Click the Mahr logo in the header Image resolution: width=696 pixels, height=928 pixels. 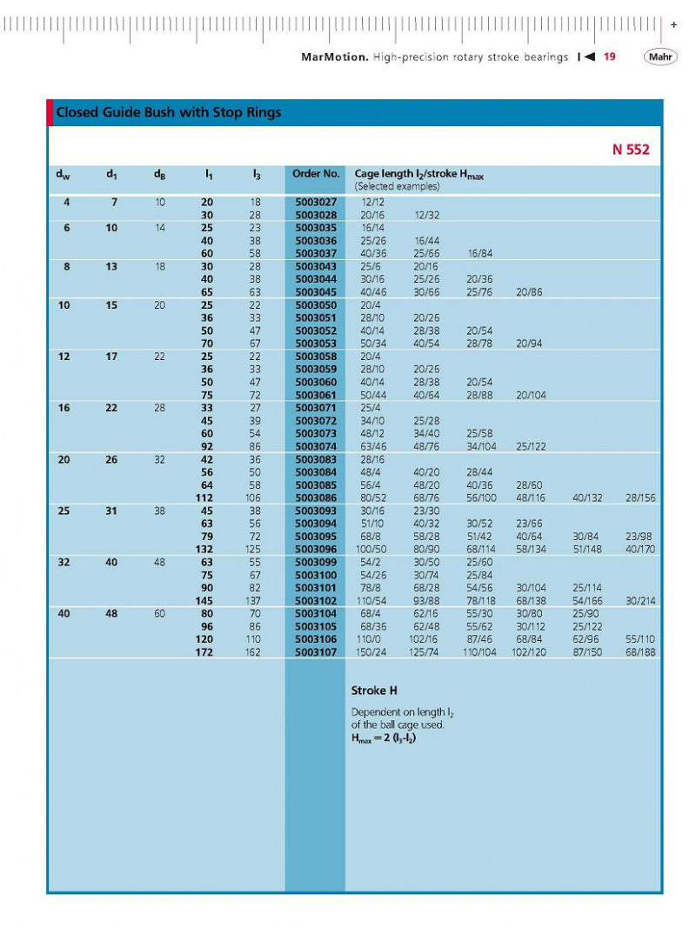(659, 57)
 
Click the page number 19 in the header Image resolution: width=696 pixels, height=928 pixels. (610, 57)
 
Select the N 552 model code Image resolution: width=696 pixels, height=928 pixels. (631, 150)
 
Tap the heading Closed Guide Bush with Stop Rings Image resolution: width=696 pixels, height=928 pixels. (168, 113)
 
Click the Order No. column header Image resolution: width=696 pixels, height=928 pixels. (315, 174)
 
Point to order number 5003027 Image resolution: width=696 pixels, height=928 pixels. (315, 203)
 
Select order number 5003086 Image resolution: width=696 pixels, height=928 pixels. (315, 497)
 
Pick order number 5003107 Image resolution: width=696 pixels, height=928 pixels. (315, 651)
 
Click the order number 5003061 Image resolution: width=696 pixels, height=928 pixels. (315, 395)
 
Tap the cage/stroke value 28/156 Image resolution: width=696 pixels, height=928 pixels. (641, 497)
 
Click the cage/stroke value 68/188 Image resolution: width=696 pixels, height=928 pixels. (641, 651)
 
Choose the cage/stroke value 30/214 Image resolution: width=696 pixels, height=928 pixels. (641, 600)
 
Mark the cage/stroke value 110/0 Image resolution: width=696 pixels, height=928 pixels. (372, 639)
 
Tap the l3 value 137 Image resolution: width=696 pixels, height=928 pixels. (253, 600)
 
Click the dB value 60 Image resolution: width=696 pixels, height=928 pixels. (160, 613)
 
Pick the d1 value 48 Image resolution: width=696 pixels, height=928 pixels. (111, 613)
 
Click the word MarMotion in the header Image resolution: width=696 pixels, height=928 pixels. (334, 57)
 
